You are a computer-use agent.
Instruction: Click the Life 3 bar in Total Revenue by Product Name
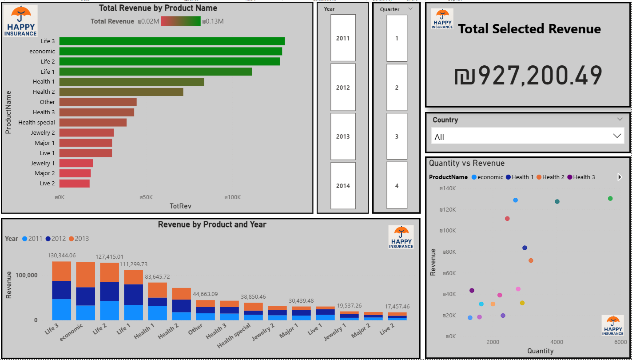(x=172, y=41)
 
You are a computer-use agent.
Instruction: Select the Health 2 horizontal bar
(x=121, y=92)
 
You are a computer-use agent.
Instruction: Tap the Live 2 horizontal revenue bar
(x=74, y=183)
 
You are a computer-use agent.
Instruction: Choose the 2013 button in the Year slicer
(x=343, y=136)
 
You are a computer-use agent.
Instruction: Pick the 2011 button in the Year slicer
(x=343, y=38)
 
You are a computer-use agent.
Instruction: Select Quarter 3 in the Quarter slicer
(x=397, y=136)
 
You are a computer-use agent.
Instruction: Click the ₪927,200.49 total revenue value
(x=528, y=76)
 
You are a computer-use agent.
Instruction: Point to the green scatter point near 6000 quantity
(x=610, y=198)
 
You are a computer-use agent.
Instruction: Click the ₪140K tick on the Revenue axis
(x=448, y=188)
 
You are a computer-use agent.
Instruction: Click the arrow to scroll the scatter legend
(x=620, y=177)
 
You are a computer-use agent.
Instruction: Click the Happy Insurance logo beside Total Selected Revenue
(x=442, y=19)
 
